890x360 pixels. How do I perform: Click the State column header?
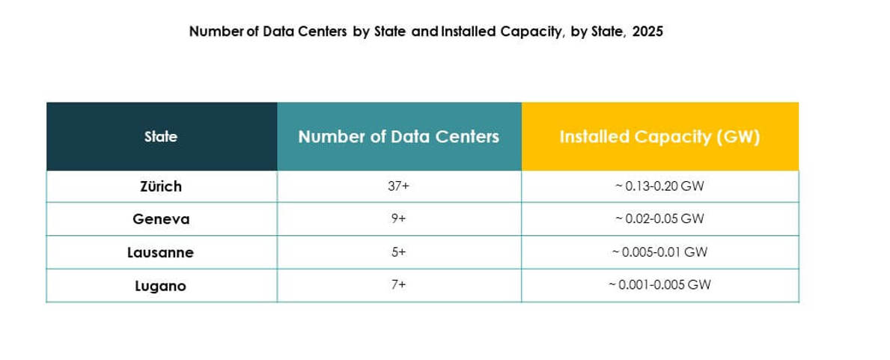pyautogui.click(x=161, y=137)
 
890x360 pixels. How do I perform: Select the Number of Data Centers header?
pyautogui.click(x=398, y=137)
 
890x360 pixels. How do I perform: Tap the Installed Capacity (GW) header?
pyautogui.click(x=659, y=137)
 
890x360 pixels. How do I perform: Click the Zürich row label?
pyautogui.click(x=161, y=186)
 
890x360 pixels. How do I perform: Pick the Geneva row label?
pyautogui.click(x=161, y=219)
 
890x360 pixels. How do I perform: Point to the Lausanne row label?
pyautogui.click(x=161, y=253)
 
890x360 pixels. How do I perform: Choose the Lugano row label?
pyautogui.click(x=161, y=286)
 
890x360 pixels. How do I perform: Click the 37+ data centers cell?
pyautogui.click(x=398, y=186)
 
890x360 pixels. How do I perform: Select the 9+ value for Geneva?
pyautogui.click(x=398, y=219)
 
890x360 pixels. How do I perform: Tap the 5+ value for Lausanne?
pyautogui.click(x=398, y=253)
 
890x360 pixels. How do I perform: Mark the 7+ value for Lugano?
pyautogui.click(x=398, y=286)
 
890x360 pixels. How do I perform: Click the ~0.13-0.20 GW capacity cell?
pyautogui.click(x=659, y=186)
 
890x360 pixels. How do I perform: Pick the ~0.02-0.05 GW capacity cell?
pyautogui.click(x=659, y=219)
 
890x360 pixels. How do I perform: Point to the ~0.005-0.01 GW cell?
pyautogui.click(x=659, y=253)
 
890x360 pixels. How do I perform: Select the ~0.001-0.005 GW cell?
pyautogui.click(x=659, y=286)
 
